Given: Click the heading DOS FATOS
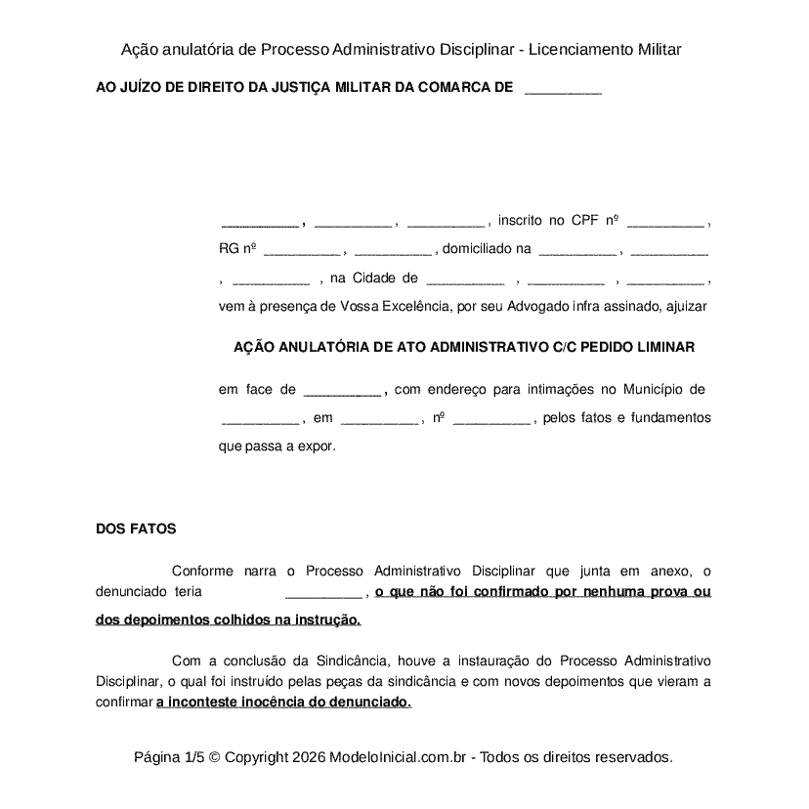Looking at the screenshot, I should tap(136, 529).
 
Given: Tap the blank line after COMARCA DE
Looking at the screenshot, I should tap(563, 88).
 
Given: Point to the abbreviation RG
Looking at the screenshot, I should tap(229, 249).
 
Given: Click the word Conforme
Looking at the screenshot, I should tap(201, 571).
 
